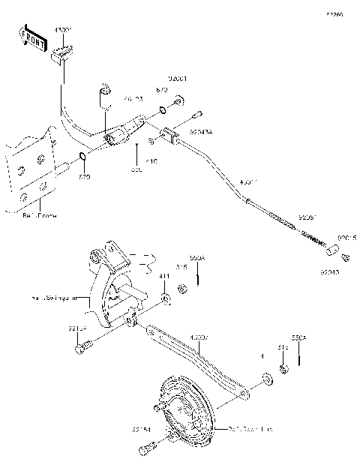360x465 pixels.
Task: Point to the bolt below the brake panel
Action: [x=145, y=451]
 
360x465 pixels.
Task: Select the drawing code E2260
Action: [x=334, y=14]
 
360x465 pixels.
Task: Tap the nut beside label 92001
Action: [x=179, y=100]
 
